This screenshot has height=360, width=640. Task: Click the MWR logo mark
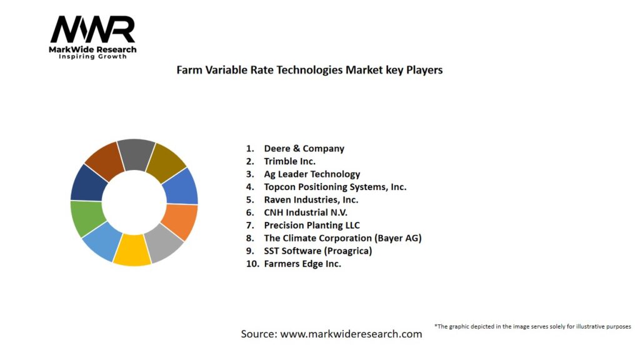pos(92,30)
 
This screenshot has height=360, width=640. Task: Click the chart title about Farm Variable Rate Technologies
pos(309,70)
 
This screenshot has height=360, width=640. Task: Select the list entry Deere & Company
pos(304,149)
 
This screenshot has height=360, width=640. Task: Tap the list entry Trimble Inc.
pos(289,161)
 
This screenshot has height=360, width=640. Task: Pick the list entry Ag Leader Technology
pos(312,174)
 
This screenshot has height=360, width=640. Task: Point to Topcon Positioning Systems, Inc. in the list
pos(335,187)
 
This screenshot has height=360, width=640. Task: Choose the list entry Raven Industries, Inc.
pos(311,200)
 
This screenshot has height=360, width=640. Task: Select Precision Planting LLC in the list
pos(312,225)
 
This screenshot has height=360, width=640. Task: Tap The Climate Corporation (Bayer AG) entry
pos(342,238)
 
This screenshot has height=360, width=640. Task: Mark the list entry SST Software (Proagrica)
pos(317,251)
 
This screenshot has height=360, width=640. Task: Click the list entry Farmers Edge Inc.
pos(302,264)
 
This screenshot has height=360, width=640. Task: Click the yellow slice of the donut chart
pos(132,249)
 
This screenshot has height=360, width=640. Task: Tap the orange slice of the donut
pos(181,221)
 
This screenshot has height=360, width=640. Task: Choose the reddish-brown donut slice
pos(102,159)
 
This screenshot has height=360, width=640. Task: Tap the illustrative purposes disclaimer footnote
pos(532,326)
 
